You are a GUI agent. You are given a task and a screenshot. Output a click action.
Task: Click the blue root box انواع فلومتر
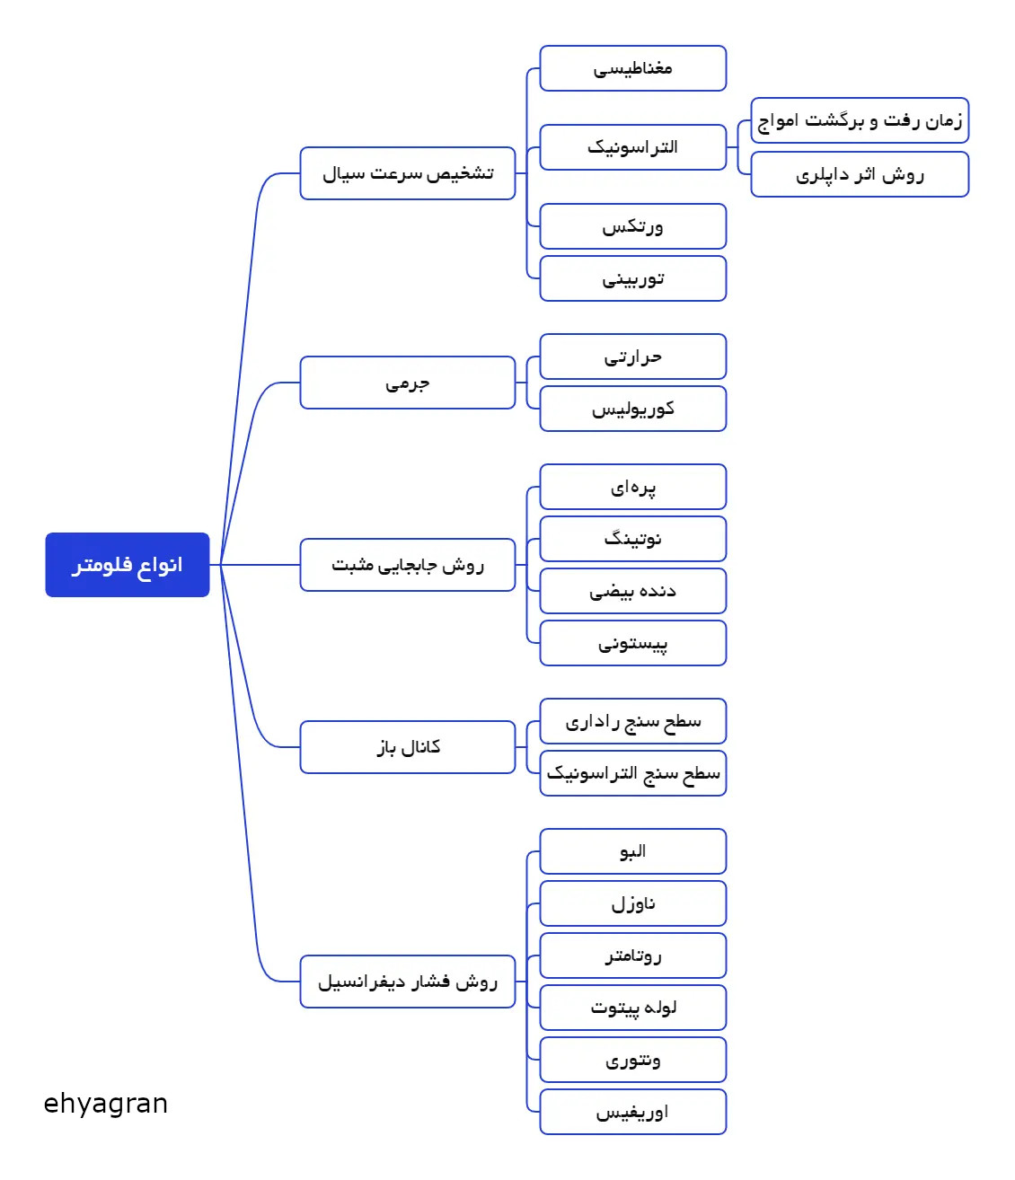[128, 565]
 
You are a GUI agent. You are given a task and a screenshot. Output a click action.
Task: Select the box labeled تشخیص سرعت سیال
[408, 173]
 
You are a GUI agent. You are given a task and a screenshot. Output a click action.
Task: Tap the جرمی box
[408, 383]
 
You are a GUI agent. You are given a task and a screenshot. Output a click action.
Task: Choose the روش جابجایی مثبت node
[408, 565]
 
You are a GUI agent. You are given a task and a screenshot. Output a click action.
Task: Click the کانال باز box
[408, 747]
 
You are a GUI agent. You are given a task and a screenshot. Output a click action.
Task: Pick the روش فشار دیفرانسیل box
[408, 982]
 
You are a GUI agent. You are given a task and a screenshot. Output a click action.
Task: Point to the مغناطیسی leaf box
[633, 68]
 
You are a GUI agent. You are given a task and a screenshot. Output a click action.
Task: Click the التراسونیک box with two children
[633, 147]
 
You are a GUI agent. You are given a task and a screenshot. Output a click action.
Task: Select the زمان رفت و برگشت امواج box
[860, 120]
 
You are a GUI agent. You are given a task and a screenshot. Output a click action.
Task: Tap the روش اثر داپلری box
[860, 174]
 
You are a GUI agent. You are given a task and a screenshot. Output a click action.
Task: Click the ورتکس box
[633, 226]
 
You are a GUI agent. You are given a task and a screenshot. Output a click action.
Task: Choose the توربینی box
[633, 278]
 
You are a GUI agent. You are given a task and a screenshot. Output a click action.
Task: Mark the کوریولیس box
[633, 409]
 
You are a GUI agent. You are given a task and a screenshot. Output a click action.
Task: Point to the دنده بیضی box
[633, 591]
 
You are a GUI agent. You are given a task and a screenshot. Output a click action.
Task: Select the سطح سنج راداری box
[633, 721]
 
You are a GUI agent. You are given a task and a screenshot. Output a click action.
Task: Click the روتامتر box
[633, 955]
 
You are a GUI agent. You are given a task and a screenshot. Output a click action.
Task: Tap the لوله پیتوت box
[633, 1008]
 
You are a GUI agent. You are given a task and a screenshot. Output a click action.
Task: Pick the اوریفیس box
[633, 1112]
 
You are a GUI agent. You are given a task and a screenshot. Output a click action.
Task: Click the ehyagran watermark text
[106, 1104]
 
